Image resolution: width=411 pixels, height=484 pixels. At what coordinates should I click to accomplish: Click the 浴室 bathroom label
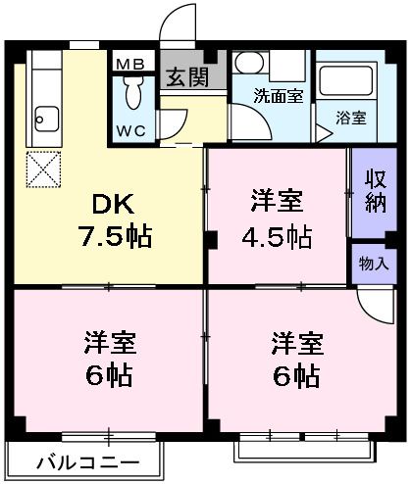(351, 119)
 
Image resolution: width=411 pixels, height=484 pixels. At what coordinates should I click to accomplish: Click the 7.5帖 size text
(115, 236)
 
